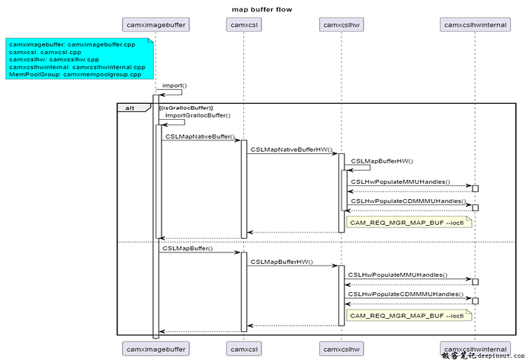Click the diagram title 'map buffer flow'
coord(261,9)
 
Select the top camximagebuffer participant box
coord(156,25)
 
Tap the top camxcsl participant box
coord(244,25)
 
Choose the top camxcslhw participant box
coord(342,25)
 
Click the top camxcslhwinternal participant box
coord(475,25)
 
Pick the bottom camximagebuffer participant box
coord(156,348)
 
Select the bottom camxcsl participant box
coord(244,348)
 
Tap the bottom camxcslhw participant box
coord(342,348)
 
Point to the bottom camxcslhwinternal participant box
coord(475,348)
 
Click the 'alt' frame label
coord(131,108)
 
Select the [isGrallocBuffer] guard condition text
coord(186,108)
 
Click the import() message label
coord(175,85)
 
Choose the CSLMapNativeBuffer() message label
coord(200,136)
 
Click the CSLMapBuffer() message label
coord(187,248)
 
